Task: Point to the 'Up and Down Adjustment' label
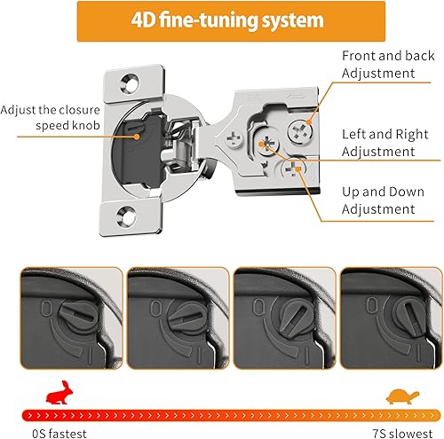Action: [378, 200]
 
